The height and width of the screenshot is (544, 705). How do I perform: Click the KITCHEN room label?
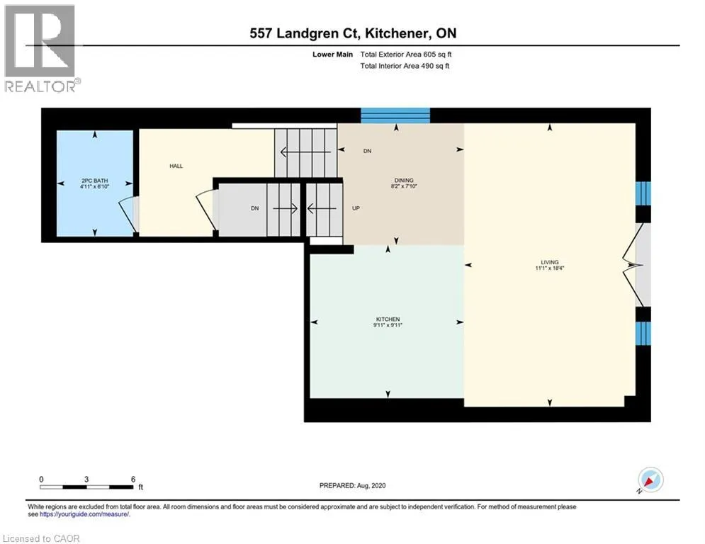[388, 319]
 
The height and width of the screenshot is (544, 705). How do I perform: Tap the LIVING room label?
[549, 262]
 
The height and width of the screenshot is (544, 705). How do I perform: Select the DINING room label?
[404, 181]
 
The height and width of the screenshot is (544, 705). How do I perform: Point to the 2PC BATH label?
[95, 181]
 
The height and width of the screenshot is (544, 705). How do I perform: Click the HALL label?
[176, 166]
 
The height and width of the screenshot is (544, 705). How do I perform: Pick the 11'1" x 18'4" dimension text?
[549, 268]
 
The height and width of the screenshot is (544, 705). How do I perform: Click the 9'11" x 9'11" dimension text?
[388, 325]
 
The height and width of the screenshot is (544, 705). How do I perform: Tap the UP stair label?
[356, 208]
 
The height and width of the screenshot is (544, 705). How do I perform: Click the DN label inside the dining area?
[367, 151]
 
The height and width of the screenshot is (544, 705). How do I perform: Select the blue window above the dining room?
[395, 115]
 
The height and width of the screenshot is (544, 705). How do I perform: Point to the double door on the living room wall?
[637, 265]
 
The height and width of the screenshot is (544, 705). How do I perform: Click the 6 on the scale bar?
[133, 480]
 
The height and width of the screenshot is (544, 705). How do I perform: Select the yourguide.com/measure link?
[84, 514]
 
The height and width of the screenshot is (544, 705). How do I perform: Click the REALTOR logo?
[40, 49]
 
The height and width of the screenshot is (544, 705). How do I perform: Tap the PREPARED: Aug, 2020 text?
[353, 485]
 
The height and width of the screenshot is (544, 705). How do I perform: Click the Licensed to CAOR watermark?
[41, 538]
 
